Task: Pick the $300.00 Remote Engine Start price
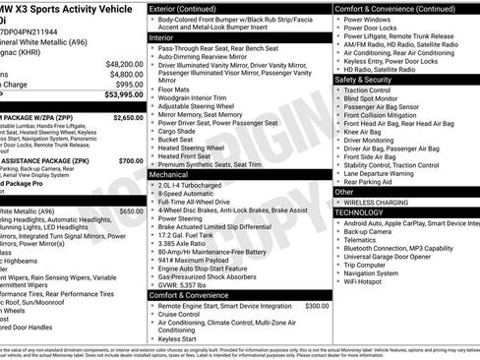pyautogui.click(x=317, y=306)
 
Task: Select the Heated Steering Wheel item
pyautogui.click(x=197, y=146)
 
